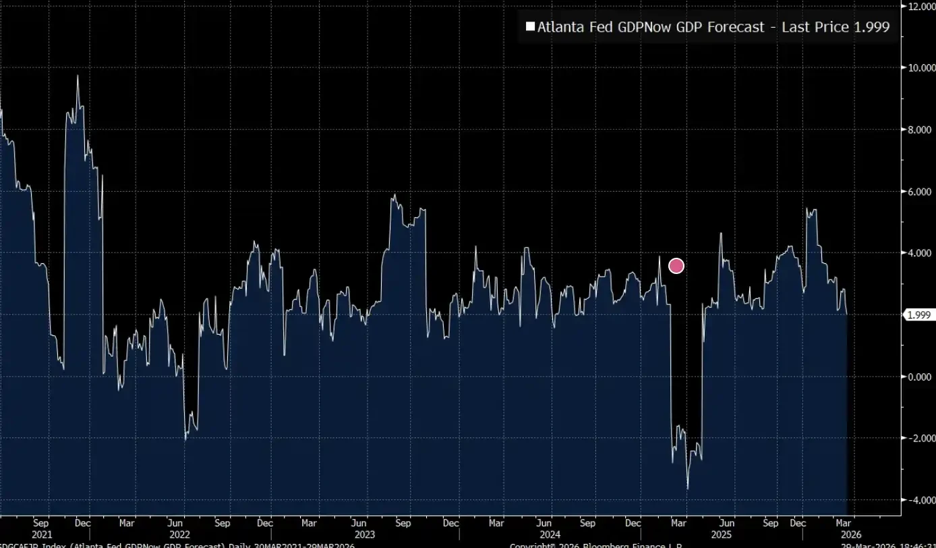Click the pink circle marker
click(x=676, y=266)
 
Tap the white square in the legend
click(x=530, y=27)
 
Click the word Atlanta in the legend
click(x=560, y=27)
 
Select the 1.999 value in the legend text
click(x=870, y=27)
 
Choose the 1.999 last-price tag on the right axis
click(x=919, y=315)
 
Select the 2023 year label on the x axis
click(x=365, y=534)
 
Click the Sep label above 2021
click(x=40, y=523)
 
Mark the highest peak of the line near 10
click(x=78, y=76)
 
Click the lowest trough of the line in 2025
click(x=688, y=489)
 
